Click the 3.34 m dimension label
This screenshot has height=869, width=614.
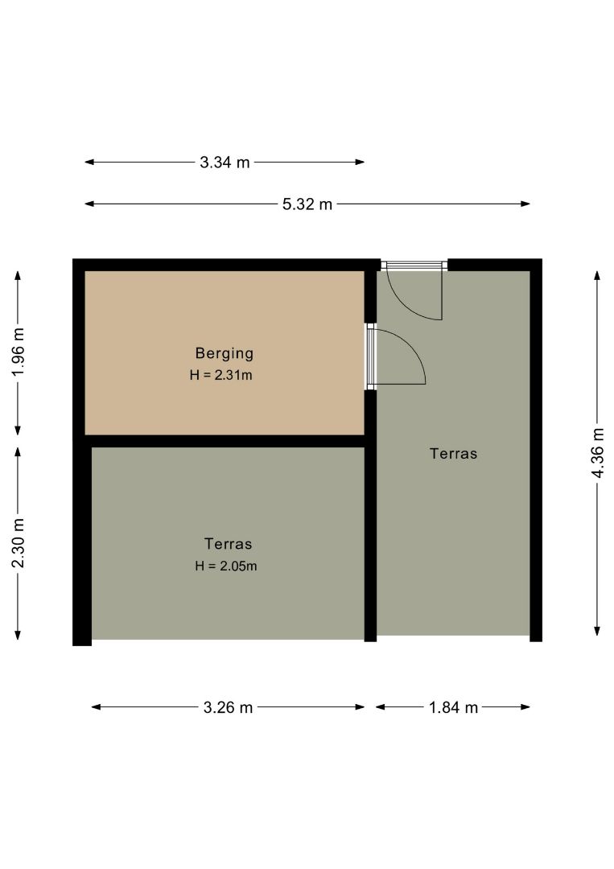[225, 163]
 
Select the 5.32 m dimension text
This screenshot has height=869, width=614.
[307, 204]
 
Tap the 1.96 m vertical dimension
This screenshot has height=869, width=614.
[19, 352]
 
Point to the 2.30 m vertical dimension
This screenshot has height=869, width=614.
[19, 543]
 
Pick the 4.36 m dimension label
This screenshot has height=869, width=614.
[597, 453]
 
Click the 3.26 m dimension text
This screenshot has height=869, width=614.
[228, 707]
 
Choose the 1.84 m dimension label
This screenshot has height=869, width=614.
[453, 707]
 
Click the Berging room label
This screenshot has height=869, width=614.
[225, 353]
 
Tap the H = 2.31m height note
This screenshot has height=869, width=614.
[220, 375]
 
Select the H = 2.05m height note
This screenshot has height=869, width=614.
[225, 566]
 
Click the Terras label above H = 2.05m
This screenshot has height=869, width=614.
[228, 544]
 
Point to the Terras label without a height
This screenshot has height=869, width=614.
[453, 453]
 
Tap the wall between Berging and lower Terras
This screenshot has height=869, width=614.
[225, 441]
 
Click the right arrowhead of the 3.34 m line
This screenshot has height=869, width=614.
[361, 163]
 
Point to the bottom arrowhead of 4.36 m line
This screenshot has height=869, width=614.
[597, 631]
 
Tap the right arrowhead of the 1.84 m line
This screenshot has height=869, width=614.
[526, 707]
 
